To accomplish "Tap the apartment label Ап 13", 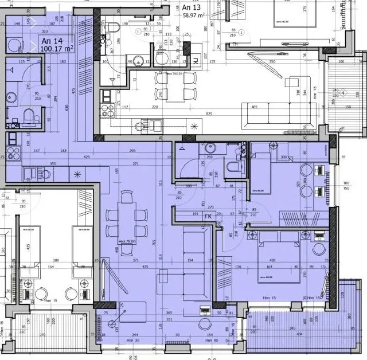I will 192,7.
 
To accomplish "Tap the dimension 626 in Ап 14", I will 87,156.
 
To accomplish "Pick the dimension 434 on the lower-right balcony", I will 299,334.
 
